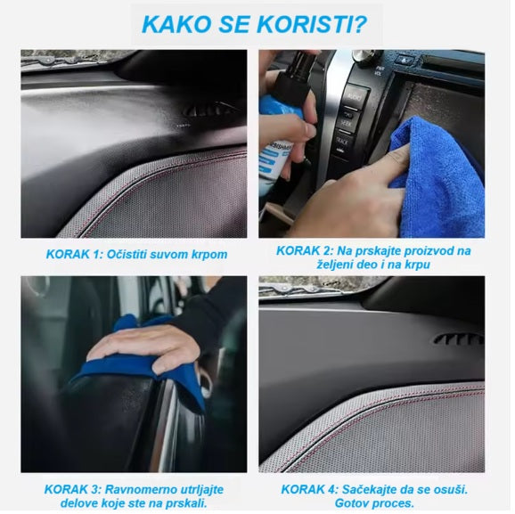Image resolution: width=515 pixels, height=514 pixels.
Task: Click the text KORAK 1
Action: pyautogui.click(x=74, y=255)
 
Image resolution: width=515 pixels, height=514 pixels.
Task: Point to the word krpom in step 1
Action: pyautogui.click(x=209, y=255)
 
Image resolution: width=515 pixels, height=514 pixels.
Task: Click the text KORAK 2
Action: pyautogui.click(x=305, y=251)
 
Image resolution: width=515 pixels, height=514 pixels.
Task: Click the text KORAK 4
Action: pyautogui.click(x=309, y=489)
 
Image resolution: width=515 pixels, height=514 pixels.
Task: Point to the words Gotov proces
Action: pyautogui.click(x=374, y=503)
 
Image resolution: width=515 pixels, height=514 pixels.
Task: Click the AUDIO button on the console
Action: pyautogui.click(x=355, y=97)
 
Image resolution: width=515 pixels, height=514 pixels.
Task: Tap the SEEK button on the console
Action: pyautogui.click(x=346, y=123)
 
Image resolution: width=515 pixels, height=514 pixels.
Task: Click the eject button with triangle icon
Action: pyautogui.click(x=404, y=60)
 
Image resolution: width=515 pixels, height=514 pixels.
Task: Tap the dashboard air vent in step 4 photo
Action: pyautogui.click(x=459, y=339)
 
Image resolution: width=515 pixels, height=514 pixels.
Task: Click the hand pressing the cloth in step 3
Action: pyautogui.click(x=144, y=349)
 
